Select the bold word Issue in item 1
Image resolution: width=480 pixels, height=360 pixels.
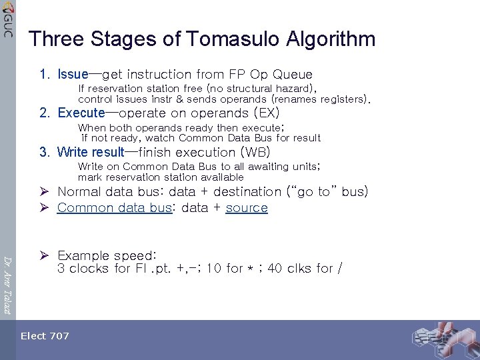pyautogui.click(x=73, y=74)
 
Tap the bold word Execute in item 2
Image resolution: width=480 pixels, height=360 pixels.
pyautogui.click(x=81, y=113)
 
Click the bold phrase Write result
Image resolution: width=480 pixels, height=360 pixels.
pyautogui.click(x=91, y=152)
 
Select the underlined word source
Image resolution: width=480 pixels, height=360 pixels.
pyautogui.click(x=247, y=207)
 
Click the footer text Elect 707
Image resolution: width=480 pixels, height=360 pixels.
pyautogui.click(x=45, y=336)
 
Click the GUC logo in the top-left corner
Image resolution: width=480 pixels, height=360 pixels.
pyautogui.click(x=7, y=19)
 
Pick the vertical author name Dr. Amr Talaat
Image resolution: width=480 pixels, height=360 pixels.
pyautogui.click(x=7, y=280)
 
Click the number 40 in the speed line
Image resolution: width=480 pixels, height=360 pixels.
pyautogui.click(x=275, y=269)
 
